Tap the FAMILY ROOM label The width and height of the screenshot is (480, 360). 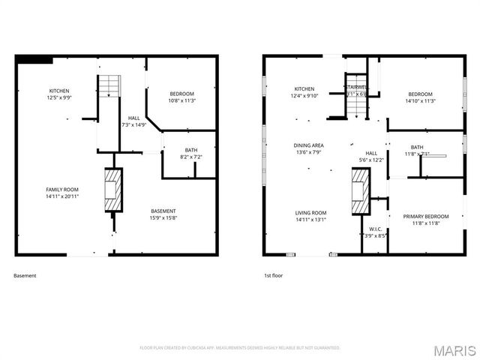[x=62, y=193]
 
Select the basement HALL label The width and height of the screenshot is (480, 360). [x=134, y=121]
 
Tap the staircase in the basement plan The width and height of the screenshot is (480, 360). [x=110, y=86]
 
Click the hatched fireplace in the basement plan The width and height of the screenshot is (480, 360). [x=112, y=189]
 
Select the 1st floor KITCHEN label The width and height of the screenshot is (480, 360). [x=304, y=91]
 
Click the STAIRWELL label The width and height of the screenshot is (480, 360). [x=356, y=91]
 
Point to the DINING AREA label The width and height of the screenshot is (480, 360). [x=308, y=148]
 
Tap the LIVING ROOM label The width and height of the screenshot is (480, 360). [x=310, y=216]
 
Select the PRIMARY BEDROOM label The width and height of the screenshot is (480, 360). [x=425, y=220]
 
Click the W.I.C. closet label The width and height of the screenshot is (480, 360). [x=376, y=232]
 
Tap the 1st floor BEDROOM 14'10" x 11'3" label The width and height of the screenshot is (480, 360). [x=419, y=97]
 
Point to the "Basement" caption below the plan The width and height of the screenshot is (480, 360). [x=25, y=275]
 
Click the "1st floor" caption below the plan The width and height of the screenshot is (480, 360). [x=273, y=275]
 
